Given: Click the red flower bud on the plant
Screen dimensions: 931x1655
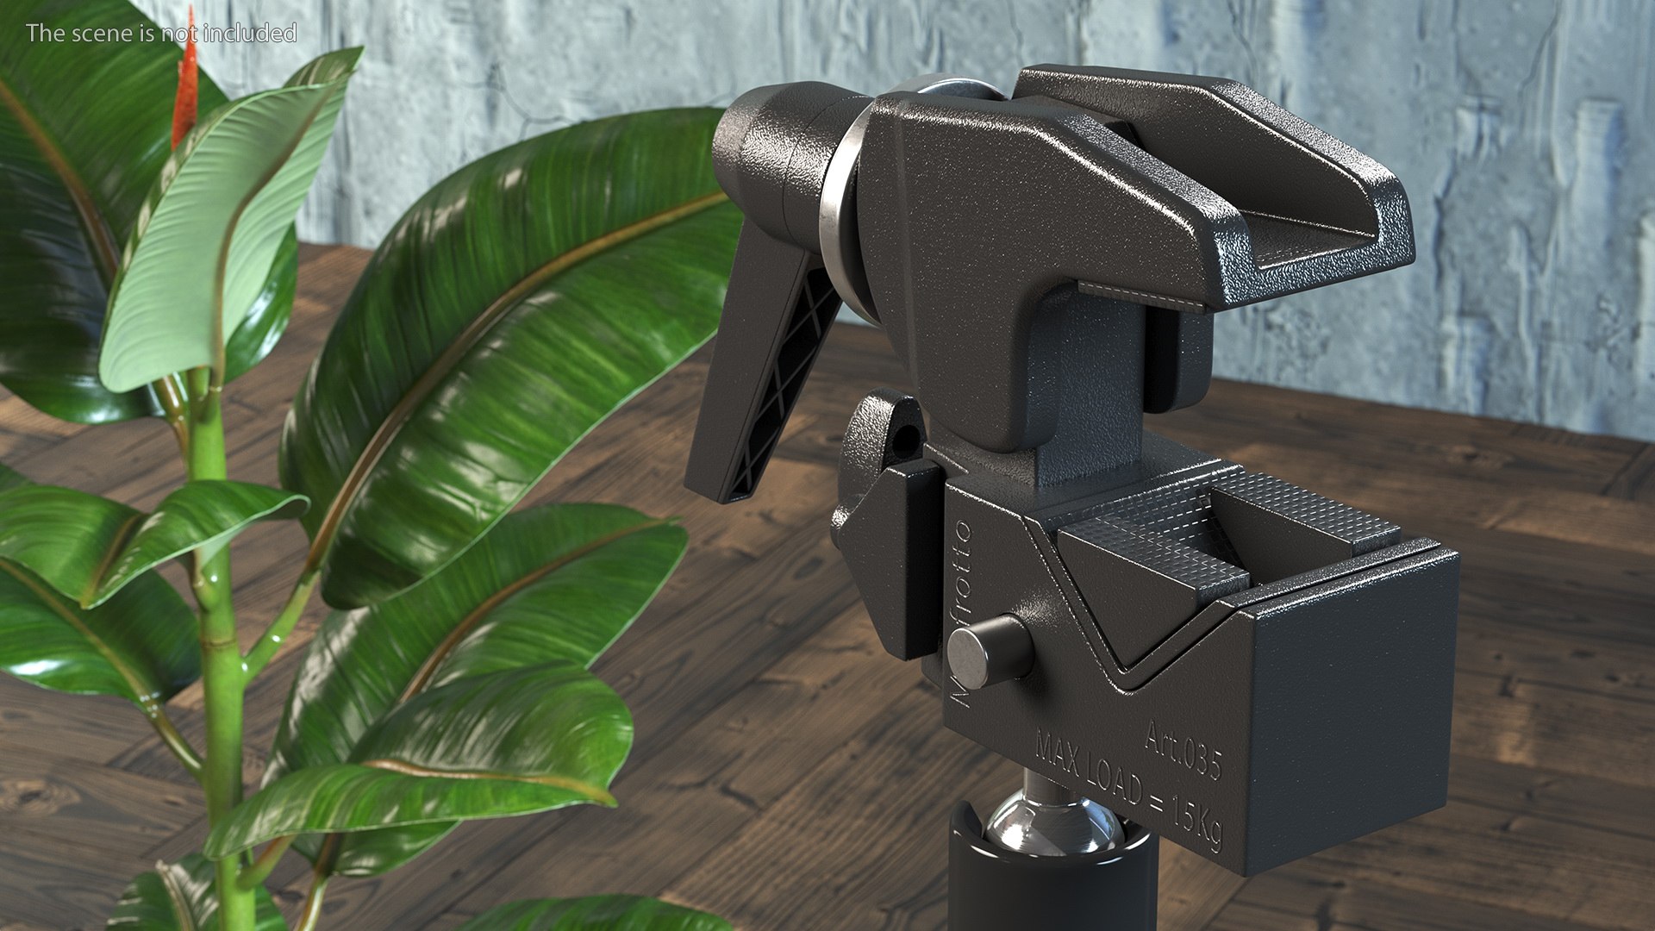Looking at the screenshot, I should tap(184, 86).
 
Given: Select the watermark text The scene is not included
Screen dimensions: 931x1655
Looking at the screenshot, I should tap(161, 33).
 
